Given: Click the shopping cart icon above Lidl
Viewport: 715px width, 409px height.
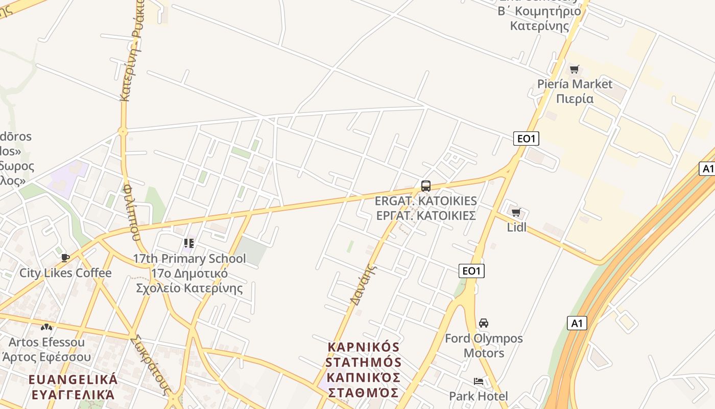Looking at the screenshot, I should coord(516,213).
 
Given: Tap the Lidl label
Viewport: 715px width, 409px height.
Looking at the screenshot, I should coord(516,228).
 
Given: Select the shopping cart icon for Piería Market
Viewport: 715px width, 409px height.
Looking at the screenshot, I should coord(575,70).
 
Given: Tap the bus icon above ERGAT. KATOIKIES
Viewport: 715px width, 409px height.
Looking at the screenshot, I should coord(426,186).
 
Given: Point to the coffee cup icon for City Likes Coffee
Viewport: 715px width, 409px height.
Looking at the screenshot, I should coord(65,258).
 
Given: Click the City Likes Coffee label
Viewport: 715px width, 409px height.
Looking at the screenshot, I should coord(65,273).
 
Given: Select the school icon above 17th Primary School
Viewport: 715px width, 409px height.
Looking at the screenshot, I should coord(189,243).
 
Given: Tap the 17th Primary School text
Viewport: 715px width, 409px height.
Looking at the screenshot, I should coord(189,259).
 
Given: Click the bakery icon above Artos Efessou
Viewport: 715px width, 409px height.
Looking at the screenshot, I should coord(46,327).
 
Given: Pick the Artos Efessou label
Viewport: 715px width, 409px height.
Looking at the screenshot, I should coord(46,342).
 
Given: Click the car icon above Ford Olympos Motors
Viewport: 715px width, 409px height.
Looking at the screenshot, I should coord(484,323).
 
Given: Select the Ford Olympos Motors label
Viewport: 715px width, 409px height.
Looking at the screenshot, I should coord(484,346).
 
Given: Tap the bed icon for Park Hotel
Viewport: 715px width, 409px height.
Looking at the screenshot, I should coord(479,381).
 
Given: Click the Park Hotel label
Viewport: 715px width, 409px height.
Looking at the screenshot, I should coord(479,396).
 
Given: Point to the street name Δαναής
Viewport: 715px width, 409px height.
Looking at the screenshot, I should coord(363,284).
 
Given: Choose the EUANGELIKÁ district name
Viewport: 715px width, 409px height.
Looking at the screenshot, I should coord(73,380).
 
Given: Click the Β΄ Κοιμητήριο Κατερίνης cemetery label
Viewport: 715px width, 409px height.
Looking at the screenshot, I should coord(539,18).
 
